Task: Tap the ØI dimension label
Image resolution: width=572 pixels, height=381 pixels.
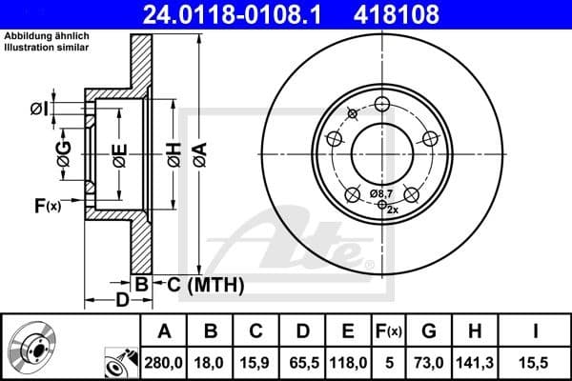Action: (38, 108)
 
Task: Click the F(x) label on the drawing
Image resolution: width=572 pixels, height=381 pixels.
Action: (47, 205)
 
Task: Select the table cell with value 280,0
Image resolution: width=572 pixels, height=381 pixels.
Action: (164, 361)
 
